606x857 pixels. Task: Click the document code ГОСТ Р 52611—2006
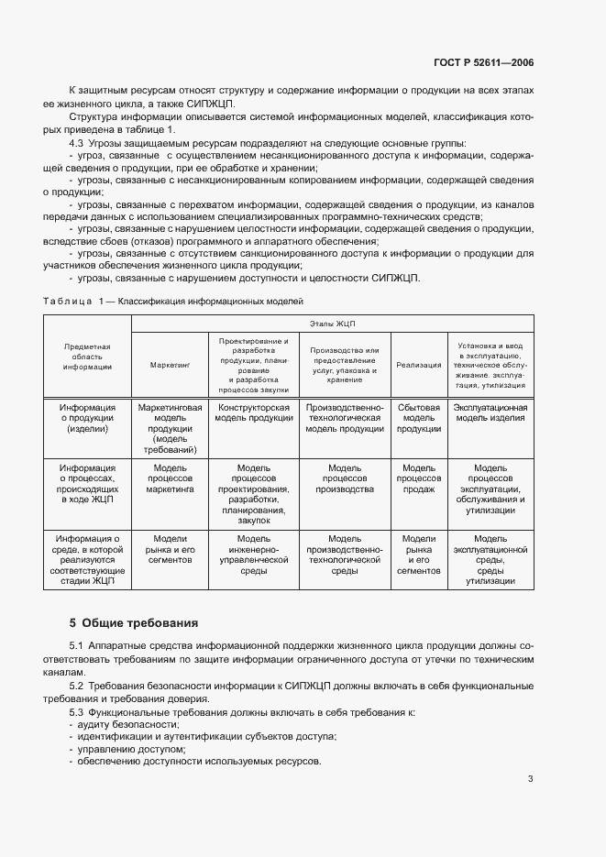[x=484, y=62]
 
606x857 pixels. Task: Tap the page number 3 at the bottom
[x=531, y=779]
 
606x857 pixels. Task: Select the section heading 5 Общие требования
[x=134, y=622]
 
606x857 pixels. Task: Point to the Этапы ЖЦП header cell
[x=331, y=324]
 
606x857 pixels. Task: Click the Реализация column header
[x=418, y=365]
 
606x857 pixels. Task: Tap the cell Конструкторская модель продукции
[x=253, y=412]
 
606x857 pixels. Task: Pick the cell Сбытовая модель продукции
[x=418, y=418]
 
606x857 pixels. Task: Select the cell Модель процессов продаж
[x=418, y=478]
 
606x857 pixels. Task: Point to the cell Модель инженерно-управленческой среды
[x=253, y=554]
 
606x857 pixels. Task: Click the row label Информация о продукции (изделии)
[x=87, y=418]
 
